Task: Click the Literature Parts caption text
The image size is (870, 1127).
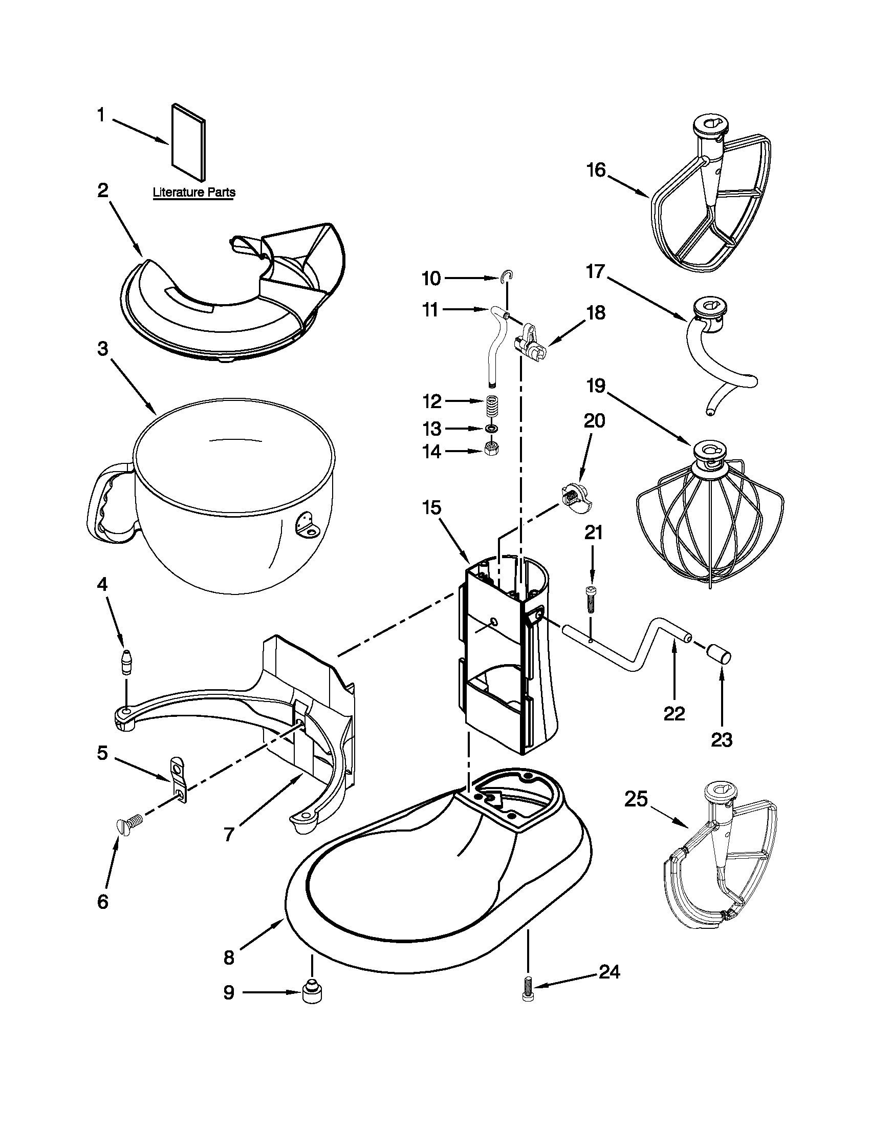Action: (194, 193)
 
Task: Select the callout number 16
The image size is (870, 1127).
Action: (596, 170)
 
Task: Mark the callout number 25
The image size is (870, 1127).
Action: (635, 799)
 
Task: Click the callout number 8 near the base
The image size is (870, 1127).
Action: (229, 958)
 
